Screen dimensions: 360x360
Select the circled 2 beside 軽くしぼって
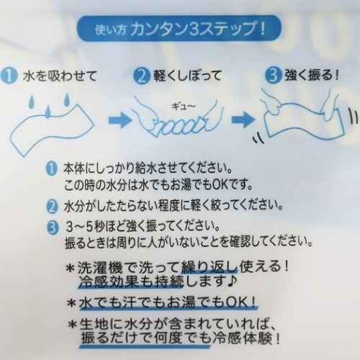[x=143, y=74]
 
